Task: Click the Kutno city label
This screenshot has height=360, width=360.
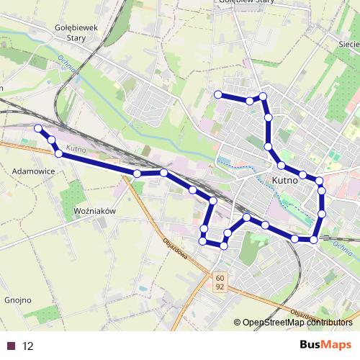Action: point(285,181)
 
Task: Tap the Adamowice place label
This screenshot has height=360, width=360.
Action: point(35,172)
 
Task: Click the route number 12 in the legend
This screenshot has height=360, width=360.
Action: point(28,346)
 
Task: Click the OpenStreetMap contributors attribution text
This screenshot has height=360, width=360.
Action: point(297,323)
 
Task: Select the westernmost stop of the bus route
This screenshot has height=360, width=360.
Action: point(38,128)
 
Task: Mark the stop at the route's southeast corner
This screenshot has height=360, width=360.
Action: point(314,239)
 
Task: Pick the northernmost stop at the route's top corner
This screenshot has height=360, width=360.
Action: point(263,96)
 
